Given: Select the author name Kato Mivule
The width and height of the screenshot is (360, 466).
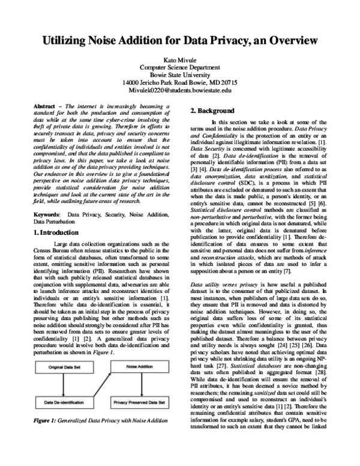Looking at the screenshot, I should (x=180, y=61).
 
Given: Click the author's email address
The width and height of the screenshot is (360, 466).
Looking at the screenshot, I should (x=180, y=91).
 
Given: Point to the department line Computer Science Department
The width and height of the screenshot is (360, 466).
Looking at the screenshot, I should (x=180, y=69).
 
